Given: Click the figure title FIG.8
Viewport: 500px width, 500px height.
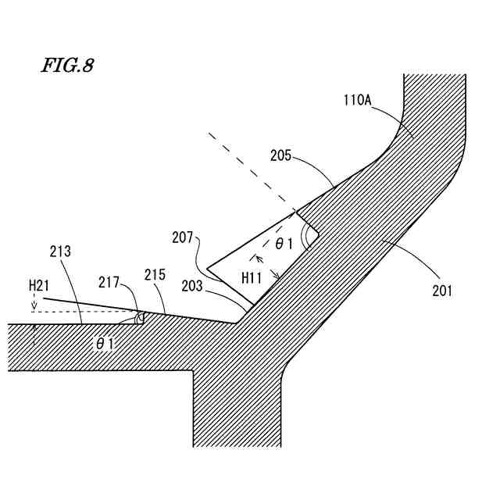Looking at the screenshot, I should (67, 66).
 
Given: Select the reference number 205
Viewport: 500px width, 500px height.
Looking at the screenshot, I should (282, 155).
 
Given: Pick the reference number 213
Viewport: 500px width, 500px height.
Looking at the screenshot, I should (59, 252).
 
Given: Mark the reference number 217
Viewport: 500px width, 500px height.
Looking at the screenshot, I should (109, 282).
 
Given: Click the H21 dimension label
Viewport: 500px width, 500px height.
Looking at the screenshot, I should (39, 286).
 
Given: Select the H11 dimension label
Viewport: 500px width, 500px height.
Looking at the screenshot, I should (252, 277).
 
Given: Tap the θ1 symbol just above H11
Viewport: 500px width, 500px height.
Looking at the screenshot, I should (284, 244).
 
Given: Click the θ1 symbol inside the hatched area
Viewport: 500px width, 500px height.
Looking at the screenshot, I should (106, 342).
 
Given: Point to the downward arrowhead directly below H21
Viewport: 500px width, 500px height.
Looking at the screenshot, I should (34, 305).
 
